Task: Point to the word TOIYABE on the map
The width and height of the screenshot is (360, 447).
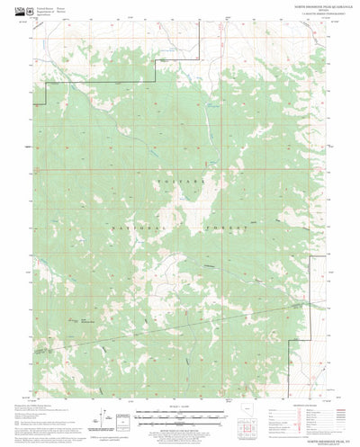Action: (x=179, y=180)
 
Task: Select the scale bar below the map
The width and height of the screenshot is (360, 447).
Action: (x=180, y=416)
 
